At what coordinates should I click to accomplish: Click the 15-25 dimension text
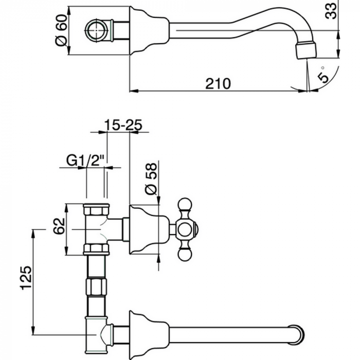click(123, 124)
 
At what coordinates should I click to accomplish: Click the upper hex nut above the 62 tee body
click(96, 209)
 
